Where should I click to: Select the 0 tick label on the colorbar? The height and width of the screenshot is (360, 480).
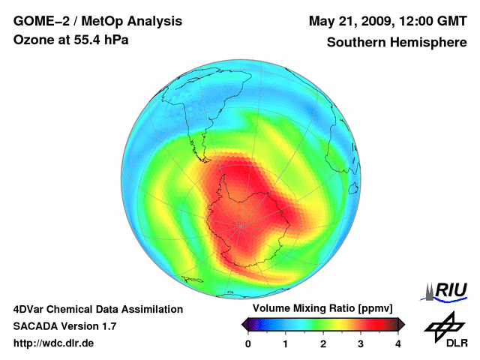click(x=248, y=343)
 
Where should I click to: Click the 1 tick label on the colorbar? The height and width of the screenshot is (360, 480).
click(x=286, y=343)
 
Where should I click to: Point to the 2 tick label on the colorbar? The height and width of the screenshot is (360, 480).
click(x=323, y=343)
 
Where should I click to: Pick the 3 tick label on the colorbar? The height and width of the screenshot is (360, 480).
click(x=361, y=343)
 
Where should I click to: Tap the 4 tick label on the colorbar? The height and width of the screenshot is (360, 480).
click(x=398, y=343)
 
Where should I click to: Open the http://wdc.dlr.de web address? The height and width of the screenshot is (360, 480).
click(x=53, y=343)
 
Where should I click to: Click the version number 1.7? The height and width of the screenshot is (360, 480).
click(x=108, y=326)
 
